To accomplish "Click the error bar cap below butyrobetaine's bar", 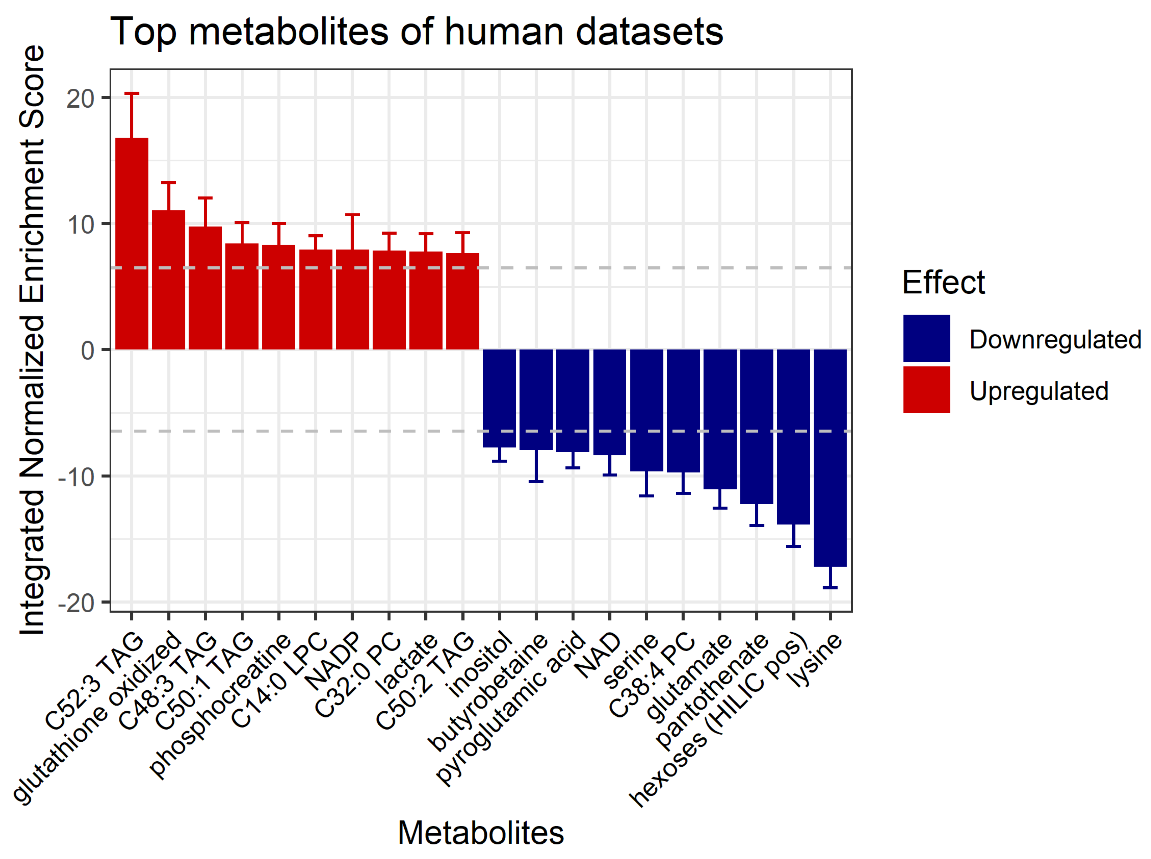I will click(536, 481).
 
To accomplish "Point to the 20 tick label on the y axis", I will click(80, 98).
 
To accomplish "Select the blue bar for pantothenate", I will click(756, 426).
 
